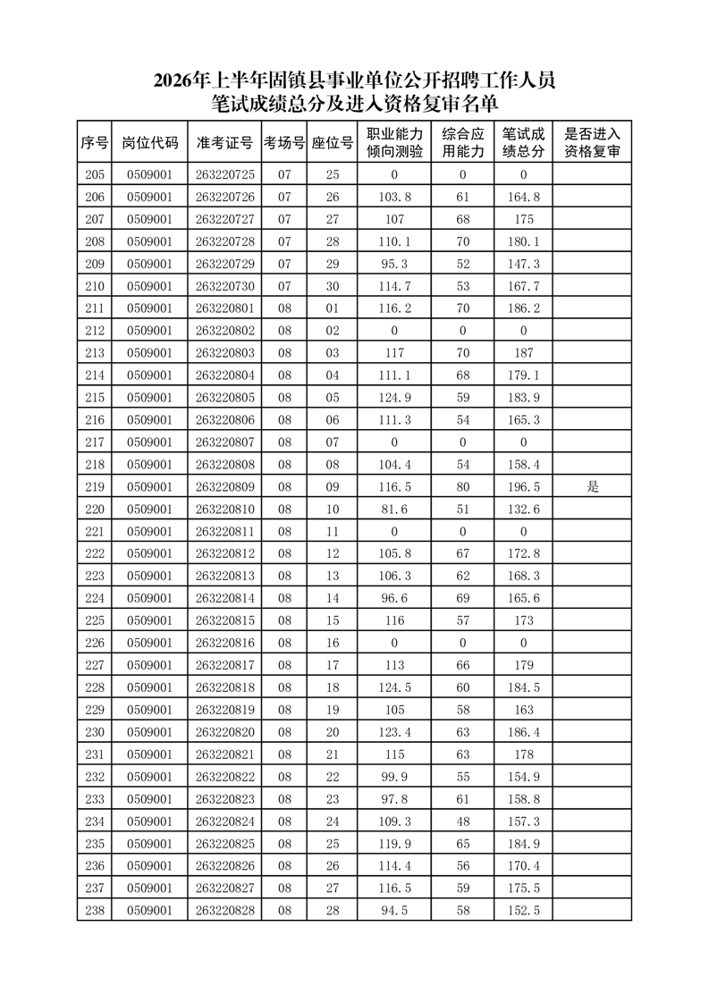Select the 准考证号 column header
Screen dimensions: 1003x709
224,143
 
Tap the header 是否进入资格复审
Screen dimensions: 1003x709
592,143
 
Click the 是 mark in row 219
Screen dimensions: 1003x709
592,487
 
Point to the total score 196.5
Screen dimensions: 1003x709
523,487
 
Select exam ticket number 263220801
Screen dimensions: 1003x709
224,308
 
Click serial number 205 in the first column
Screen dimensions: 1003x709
94,175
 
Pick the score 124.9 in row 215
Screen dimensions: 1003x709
393,398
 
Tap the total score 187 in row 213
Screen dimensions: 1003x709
523,353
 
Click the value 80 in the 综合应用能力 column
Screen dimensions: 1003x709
462,487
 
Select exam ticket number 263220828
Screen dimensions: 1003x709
224,910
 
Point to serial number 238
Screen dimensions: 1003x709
94,910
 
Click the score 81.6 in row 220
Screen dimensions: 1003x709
393,510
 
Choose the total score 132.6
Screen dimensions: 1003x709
523,510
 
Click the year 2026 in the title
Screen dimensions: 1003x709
173,80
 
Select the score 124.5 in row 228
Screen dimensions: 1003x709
393,687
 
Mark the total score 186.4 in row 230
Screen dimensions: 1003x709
523,732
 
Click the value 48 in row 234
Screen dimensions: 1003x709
462,822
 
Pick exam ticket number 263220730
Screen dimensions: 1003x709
224,286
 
